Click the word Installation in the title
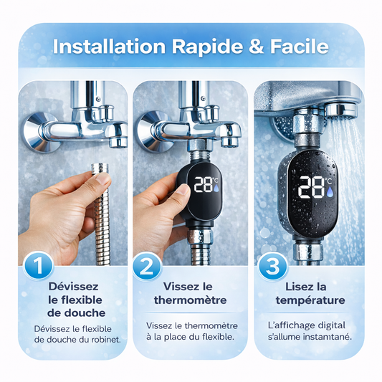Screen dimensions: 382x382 (x=109, y=47)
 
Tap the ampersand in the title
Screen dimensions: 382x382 (x=256, y=47)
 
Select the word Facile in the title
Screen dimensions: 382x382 (x=300, y=47)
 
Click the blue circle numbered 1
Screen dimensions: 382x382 (x=38, y=266)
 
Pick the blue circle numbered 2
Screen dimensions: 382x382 (x=147, y=267)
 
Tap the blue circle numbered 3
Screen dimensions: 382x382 (x=272, y=267)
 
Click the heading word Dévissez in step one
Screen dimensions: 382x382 (x=73, y=287)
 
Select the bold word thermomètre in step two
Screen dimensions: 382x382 (x=190, y=300)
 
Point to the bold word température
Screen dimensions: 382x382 (x=310, y=300)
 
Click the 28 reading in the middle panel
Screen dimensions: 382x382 (x=203, y=184)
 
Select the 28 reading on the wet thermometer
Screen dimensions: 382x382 (x=311, y=187)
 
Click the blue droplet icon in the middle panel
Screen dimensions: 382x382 (x=216, y=188)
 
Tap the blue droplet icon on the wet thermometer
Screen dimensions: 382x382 (x=330, y=192)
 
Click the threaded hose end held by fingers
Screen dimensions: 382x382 (x=100, y=168)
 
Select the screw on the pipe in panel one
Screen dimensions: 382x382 (x=98, y=99)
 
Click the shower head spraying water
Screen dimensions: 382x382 (x=343, y=110)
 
